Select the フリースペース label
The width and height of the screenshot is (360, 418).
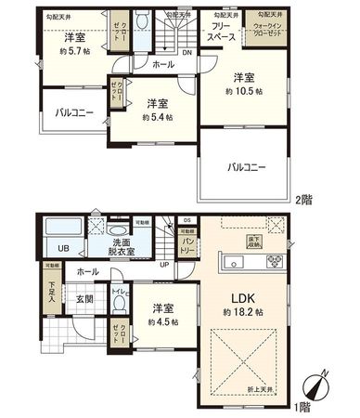(x=221, y=34)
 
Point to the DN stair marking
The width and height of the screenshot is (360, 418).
(x=187, y=52)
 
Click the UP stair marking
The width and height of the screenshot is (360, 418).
(x=165, y=264)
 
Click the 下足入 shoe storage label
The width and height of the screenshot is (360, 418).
(x=54, y=294)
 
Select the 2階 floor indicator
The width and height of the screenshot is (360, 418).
(x=307, y=199)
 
